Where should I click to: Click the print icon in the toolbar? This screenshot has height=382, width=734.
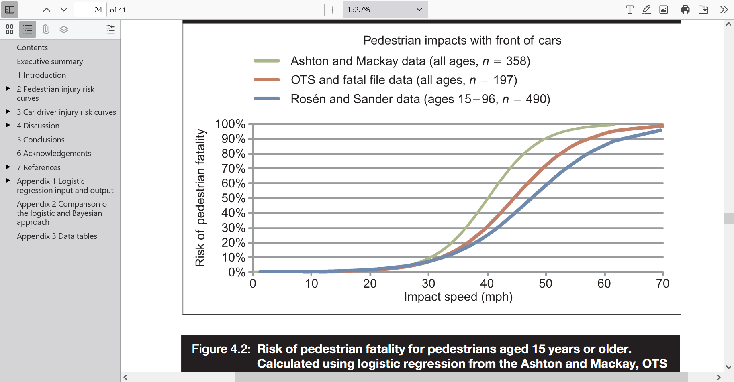pos(685,10)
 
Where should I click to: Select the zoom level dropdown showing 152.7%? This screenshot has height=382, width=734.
pos(385,10)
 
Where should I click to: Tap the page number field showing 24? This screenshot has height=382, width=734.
pos(90,10)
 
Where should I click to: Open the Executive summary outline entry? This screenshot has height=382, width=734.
pos(50,61)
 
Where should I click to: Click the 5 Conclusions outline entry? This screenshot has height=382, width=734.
pos(41,140)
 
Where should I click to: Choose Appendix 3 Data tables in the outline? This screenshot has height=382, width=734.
pos(57,236)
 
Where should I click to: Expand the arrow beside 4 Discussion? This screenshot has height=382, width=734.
pos(8,125)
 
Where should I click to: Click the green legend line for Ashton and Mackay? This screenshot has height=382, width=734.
pos(266,61)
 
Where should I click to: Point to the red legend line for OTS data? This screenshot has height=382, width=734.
pos(266,80)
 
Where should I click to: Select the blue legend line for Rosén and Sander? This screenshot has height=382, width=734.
pos(266,99)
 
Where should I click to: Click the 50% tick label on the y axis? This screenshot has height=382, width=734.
pos(233,198)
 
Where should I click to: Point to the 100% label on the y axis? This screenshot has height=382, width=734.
pos(230,124)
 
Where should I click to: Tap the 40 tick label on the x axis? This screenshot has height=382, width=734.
pos(487,284)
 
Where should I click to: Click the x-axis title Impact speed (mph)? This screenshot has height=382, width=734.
pos(458,297)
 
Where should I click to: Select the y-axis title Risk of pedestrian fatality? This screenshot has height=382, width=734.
pos(200,198)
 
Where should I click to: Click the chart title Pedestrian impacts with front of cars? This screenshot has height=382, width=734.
pos(462,41)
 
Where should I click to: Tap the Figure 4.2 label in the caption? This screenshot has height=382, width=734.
pos(221,349)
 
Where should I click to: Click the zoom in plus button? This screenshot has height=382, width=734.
pos(333,10)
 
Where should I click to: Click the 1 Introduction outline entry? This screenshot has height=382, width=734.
pos(41,75)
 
